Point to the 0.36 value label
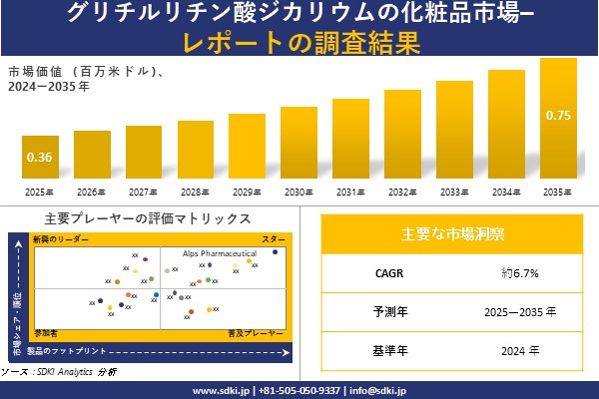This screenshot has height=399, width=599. click(39, 157)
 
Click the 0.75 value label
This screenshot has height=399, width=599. click(558, 116)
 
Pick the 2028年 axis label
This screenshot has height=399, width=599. click(195, 192)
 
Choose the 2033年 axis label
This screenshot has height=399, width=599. click(454, 192)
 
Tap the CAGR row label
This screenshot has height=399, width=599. click(382, 272)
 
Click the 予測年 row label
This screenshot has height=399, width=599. click(382, 312)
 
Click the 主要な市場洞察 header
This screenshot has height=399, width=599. click(452, 233)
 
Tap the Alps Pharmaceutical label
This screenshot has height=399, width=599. click(219, 254)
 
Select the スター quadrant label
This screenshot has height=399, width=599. click(273, 240)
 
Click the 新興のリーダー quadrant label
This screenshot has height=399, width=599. click(61, 240)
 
